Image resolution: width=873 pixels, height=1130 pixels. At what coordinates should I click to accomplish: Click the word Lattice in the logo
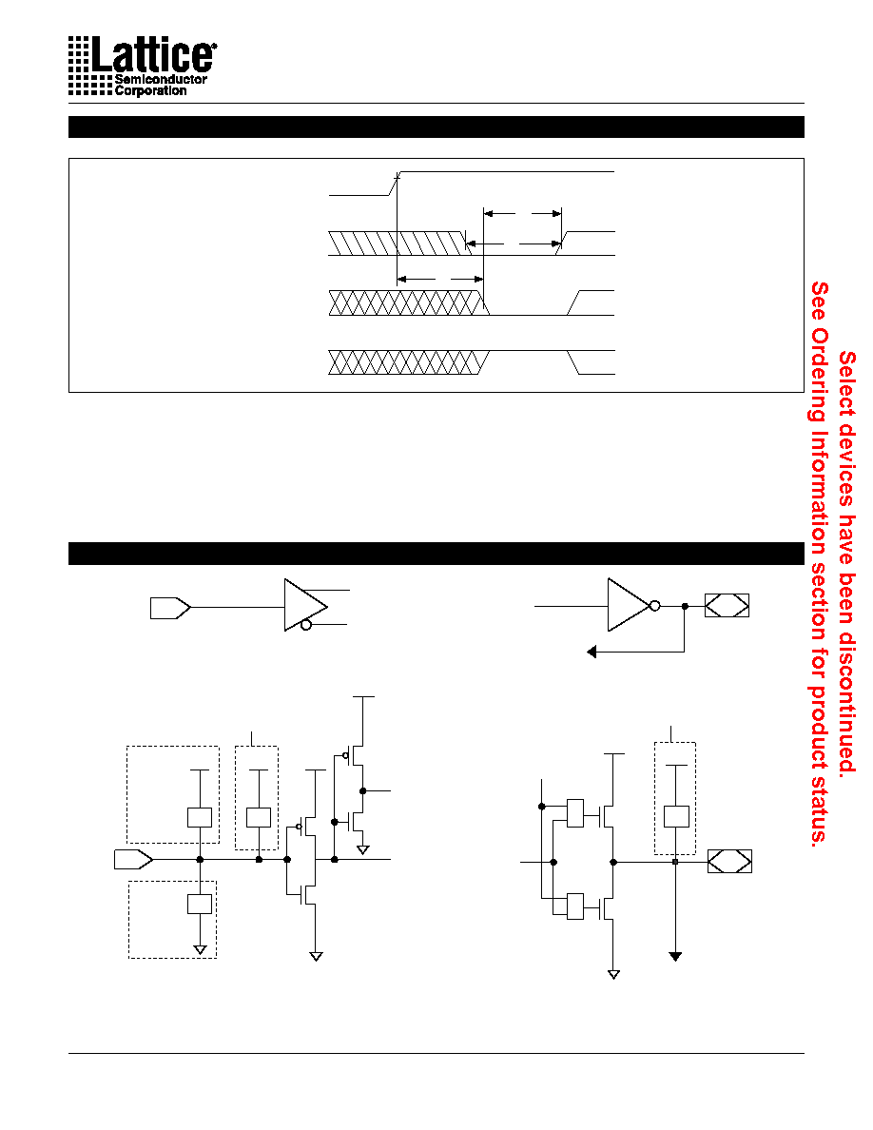pyautogui.click(x=153, y=55)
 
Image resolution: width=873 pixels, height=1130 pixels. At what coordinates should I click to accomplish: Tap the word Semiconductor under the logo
pyautogui.click(x=161, y=79)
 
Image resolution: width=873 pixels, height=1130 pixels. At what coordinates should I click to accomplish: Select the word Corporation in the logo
pyautogui.click(x=150, y=90)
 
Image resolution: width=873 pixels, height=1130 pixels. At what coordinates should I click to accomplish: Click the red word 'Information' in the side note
pyautogui.click(x=819, y=492)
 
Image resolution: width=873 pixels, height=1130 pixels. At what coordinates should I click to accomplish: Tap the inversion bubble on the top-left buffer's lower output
pyautogui.click(x=306, y=625)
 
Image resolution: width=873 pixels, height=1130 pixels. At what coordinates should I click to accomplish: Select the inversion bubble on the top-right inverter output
pyautogui.click(x=654, y=606)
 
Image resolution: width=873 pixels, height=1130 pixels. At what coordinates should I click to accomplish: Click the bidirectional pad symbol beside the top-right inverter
pyautogui.click(x=727, y=605)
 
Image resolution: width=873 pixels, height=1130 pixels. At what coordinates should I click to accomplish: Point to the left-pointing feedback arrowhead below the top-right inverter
pyautogui.click(x=592, y=653)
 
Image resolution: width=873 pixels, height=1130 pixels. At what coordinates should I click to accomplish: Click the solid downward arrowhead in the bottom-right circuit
pyautogui.click(x=675, y=956)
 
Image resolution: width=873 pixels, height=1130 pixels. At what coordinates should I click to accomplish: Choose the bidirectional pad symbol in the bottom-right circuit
pyautogui.click(x=729, y=861)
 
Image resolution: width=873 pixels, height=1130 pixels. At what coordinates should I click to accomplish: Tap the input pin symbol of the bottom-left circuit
pyautogui.click(x=133, y=859)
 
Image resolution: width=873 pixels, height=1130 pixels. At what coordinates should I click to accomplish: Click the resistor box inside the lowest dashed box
pyautogui.click(x=200, y=904)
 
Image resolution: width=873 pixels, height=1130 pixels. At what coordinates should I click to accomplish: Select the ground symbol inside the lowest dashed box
pyautogui.click(x=201, y=950)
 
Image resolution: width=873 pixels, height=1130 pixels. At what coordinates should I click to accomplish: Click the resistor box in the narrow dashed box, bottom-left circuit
pyautogui.click(x=259, y=818)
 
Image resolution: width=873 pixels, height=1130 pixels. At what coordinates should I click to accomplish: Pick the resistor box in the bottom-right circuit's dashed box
pyautogui.click(x=676, y=816)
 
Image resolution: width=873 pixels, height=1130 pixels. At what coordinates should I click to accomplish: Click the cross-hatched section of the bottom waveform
pyautogui.click(x=408, y=362)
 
